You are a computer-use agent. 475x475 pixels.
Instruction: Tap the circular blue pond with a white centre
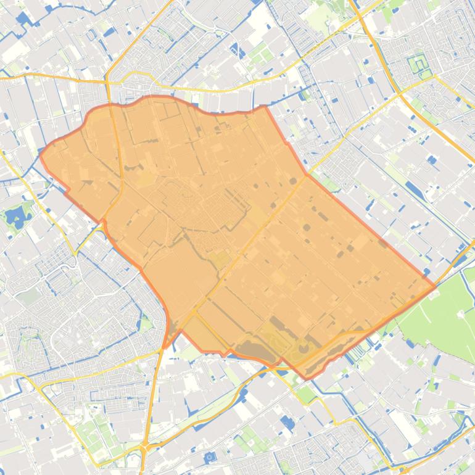tap(210, 457)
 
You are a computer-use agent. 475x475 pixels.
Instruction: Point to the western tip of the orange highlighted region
tap(41, 155)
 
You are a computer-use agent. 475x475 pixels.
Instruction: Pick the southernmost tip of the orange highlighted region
tap(305, 378)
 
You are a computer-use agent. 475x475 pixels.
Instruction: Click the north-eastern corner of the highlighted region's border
tap(265, 106)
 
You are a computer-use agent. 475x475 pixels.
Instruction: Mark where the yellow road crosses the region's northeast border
tap(307, 175)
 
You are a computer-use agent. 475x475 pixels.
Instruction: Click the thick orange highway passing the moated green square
tap(395, 86)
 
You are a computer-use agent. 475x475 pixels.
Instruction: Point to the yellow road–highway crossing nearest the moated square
tap(435, 77)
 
